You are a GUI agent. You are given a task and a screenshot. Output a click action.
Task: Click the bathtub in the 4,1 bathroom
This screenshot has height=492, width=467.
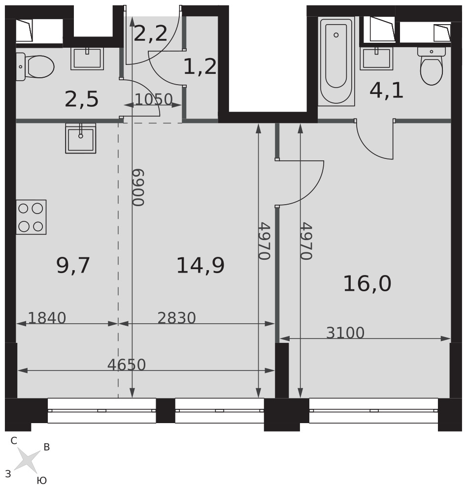336,61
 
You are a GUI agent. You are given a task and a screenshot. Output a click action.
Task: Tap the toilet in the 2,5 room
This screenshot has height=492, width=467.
35,66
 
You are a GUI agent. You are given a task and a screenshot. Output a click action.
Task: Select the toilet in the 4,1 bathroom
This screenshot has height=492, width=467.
432,66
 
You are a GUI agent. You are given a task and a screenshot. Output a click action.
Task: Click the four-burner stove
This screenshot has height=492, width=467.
31,217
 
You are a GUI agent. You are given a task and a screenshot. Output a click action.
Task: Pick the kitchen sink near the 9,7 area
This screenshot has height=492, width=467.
81,138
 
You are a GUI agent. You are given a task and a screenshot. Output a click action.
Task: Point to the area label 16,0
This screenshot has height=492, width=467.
367,284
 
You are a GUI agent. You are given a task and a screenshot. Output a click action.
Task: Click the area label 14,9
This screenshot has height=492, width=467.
200,266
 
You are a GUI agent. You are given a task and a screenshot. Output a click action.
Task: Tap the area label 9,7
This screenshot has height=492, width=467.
73,266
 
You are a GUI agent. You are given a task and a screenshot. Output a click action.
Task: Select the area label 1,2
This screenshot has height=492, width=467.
200,66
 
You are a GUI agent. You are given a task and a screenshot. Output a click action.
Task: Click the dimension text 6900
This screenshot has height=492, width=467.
138,187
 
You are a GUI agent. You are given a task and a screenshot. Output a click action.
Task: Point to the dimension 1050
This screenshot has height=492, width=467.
154,99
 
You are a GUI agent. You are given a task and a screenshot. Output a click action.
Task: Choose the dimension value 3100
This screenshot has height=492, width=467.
345,333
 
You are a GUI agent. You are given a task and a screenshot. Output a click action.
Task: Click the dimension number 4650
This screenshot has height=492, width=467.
127,365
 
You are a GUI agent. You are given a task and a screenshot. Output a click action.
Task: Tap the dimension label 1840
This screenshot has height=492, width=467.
47,318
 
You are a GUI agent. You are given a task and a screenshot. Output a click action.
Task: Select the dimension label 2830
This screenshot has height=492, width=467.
177,318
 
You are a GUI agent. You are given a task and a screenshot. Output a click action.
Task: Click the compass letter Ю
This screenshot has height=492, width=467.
42,480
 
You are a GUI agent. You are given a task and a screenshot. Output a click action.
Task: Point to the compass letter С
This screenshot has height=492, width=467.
14,441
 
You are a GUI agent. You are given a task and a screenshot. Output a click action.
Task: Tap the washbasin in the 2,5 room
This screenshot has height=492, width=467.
87,59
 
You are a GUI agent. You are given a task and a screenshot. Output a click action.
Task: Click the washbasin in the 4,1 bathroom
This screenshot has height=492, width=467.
376,59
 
